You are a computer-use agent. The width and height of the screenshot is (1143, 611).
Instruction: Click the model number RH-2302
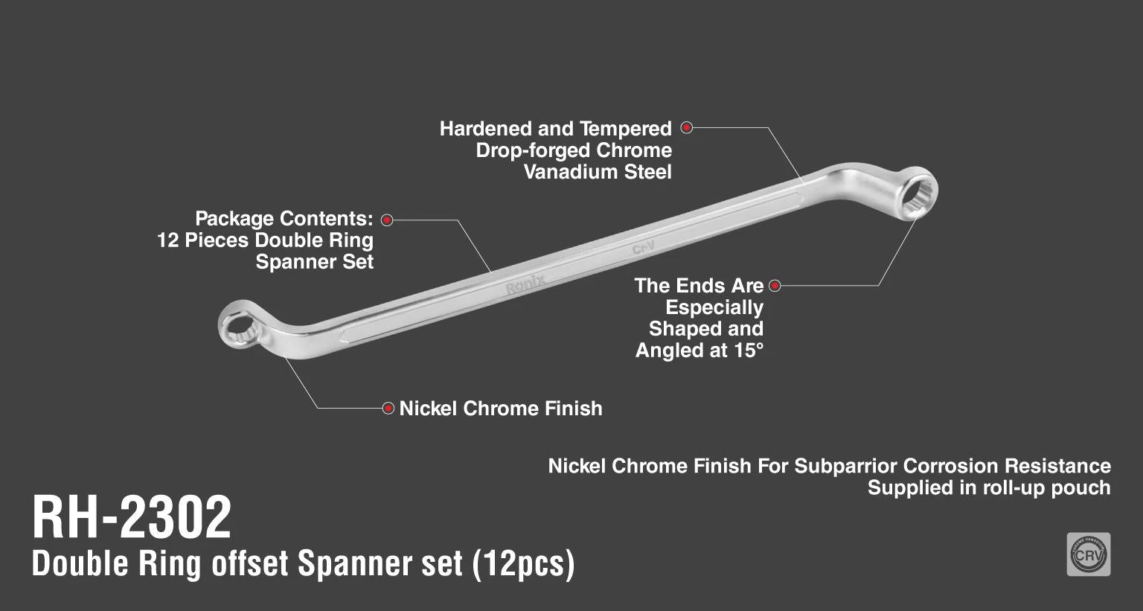point(132,518)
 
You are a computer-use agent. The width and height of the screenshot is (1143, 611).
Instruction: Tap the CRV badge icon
point(1088,554)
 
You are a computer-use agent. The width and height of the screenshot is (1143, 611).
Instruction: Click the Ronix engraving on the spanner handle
point(525,284)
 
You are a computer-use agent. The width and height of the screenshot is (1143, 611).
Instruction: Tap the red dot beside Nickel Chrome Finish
point(388,408)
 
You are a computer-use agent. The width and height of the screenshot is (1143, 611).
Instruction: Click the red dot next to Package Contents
point(387,220)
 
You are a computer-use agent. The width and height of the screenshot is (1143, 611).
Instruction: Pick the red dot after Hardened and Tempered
point(687,128)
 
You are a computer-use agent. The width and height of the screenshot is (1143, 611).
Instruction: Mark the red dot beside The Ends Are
point(775,286)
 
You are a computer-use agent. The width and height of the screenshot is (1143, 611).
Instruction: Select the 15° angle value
point(748,351)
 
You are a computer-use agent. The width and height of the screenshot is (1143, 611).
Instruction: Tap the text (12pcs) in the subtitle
point(523,564)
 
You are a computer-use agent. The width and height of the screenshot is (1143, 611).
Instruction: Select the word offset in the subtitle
point(250,564)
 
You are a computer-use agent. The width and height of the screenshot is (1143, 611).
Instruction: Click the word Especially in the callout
point(714,307)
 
